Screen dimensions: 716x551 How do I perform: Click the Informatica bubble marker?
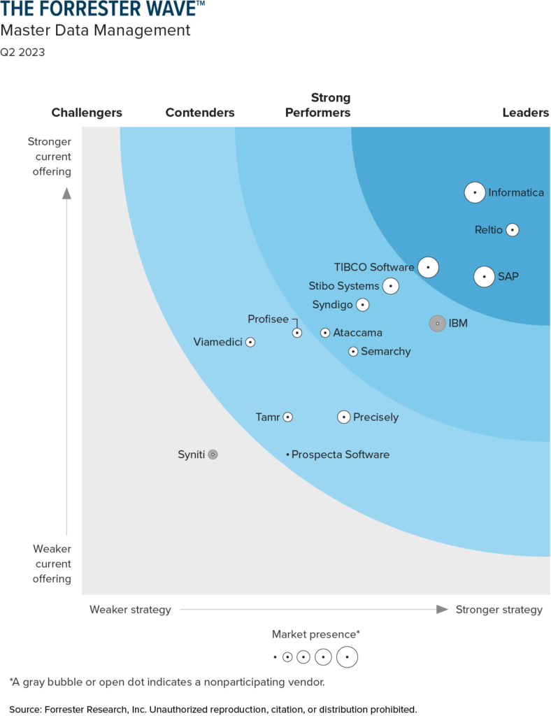tap(475, 192)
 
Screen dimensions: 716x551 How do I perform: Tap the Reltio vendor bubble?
tap(513, 229)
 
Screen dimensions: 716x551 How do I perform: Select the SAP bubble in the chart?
tap(484, 276)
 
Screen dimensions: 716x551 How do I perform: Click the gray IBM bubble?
tap(437, 323)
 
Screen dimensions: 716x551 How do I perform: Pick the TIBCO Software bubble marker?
tap(428, 266)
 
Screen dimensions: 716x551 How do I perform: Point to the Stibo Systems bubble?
tap(390, 285)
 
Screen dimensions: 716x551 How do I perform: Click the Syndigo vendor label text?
tap(332, 304)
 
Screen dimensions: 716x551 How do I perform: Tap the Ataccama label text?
tap(357, 333)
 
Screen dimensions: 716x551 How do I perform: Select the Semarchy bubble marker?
tap(353, 351)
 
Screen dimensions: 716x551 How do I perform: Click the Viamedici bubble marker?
tap(250, 342)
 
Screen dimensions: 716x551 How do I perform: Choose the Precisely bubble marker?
tap(343, 417)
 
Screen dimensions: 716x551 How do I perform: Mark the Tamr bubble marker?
tap(287, 417)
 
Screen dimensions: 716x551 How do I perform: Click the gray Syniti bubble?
tap(213, 454)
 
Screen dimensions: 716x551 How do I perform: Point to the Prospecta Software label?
tap(340, 454)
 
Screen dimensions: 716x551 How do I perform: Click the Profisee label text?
tap(268, 319)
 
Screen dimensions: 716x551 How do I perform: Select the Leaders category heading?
tap(526, 113)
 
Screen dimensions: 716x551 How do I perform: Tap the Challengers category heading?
tap(87, 113)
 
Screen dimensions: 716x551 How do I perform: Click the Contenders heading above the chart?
tap(200, 113)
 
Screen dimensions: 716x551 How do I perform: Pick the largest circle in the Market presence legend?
tap(347, 657)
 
